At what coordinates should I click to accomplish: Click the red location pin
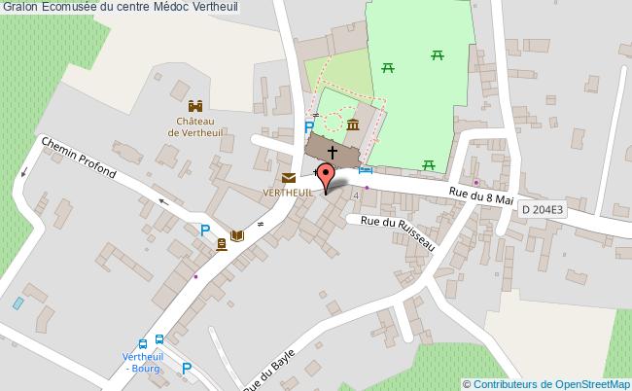click(326, 176)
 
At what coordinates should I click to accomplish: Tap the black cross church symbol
click(333, 152)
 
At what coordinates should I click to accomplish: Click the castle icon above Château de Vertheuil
click(194, 106)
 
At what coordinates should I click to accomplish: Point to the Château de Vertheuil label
click(194, 127)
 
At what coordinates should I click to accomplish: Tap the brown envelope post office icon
click(289, 177)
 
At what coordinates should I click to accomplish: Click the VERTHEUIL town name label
click(288, 193)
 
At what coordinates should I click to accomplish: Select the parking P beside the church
click(309, 127)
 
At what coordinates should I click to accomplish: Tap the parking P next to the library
click(205, 231)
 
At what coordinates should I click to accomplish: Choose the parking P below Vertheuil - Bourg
click(187, 369)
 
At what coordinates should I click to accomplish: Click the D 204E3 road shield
click(542, 209)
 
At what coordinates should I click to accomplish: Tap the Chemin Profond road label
click(78, 158)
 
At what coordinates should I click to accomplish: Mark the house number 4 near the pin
click(356, 195)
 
